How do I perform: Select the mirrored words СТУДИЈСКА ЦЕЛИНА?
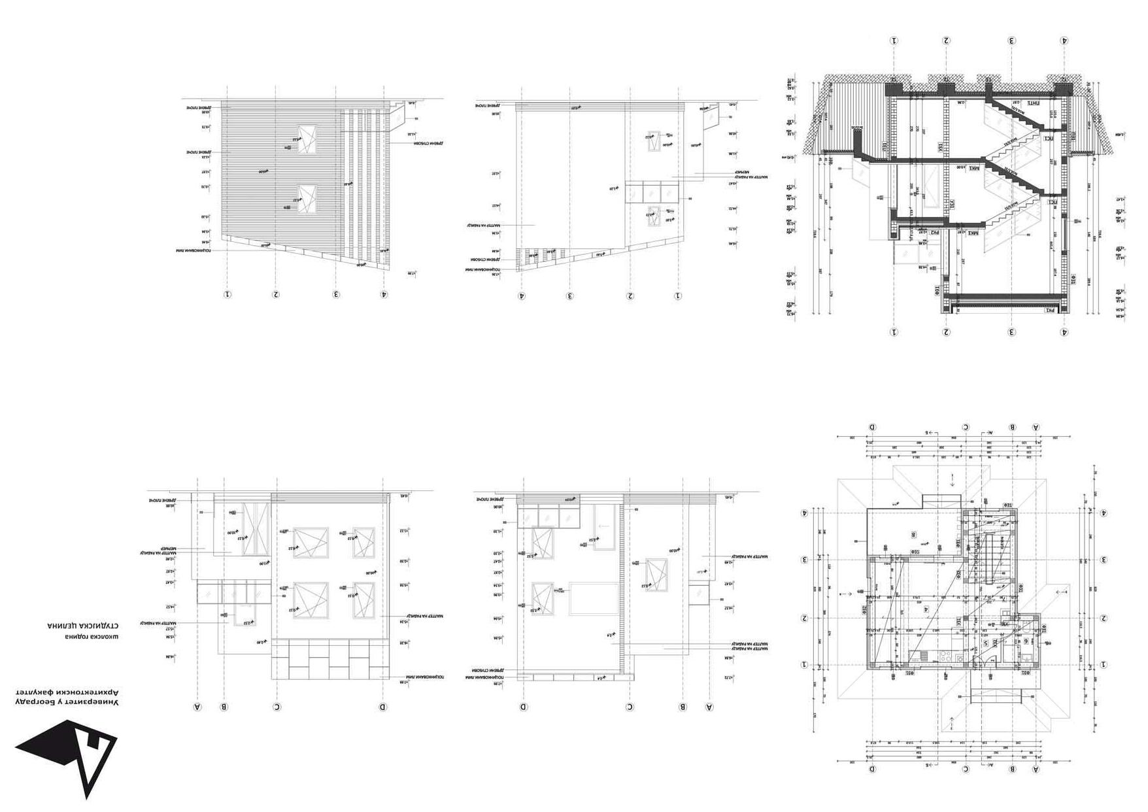point(82,626)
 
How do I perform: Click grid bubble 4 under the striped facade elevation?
point(384,294)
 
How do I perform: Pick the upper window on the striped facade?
point(306,138)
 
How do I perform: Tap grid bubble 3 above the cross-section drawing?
point(1011,41)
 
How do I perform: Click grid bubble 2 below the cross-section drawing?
point(946,332)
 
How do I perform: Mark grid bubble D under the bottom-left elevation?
point(383,707)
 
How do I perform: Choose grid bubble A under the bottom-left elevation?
point(197,707)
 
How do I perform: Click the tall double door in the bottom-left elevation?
point(253,529)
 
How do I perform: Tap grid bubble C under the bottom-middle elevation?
point(630,707)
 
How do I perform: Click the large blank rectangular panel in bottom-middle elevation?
point(593,598)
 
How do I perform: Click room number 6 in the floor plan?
point(1026,641)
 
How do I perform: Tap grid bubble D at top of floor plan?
point(873,427)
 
